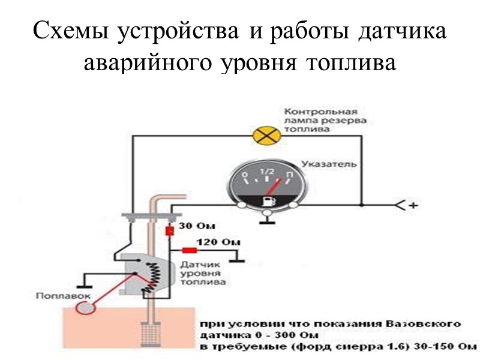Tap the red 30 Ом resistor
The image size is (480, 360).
click(170, 231)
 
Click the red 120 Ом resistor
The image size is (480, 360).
click(190, 250)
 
